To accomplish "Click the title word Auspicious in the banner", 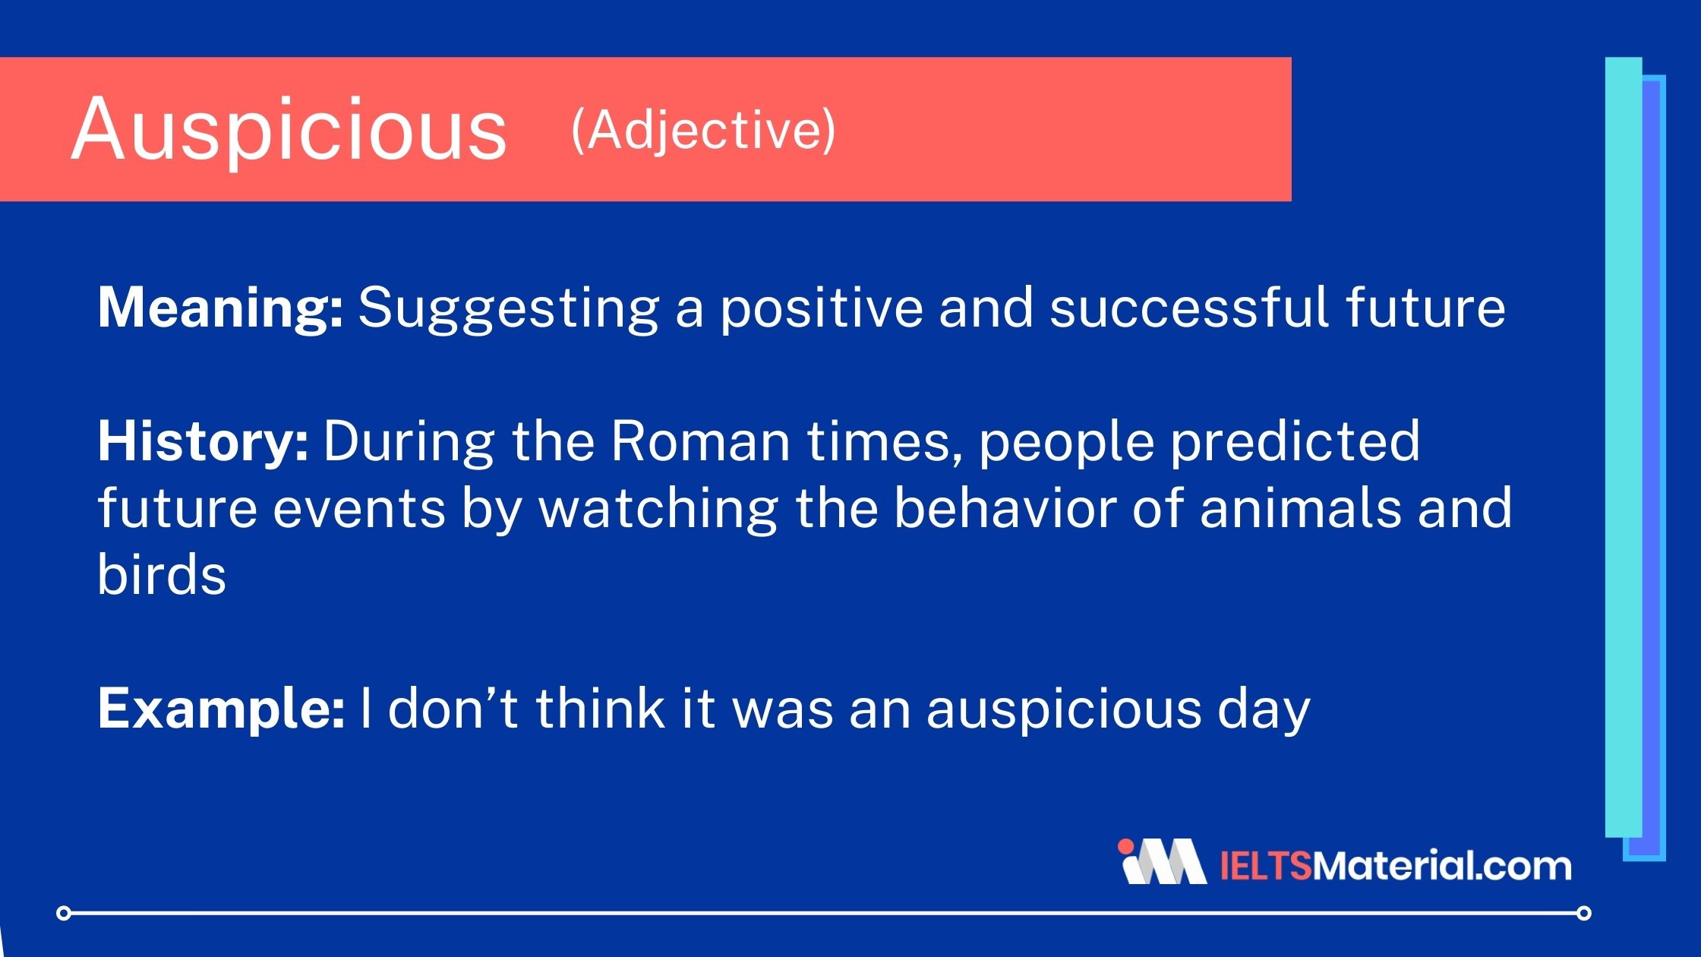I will click(x=289, y=131).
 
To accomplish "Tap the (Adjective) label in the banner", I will click(x=703, y=131).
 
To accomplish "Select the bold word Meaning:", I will click(x=220, y=308).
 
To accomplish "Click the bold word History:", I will click(x=203, y=442).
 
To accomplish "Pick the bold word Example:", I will click(x=221, y=709).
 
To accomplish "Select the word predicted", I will click(x=1295, y=441).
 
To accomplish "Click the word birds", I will click(x=162, y=574).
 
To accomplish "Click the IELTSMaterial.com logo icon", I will click(x=1161, y=862).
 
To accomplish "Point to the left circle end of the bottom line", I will click(x=65, y=913).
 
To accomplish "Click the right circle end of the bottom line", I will click(x=1583, y=913).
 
